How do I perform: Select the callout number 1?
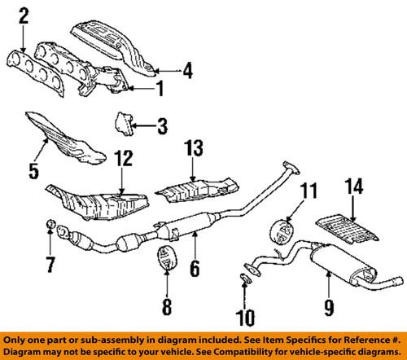(160, 88)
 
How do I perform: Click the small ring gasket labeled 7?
(49, 224)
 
